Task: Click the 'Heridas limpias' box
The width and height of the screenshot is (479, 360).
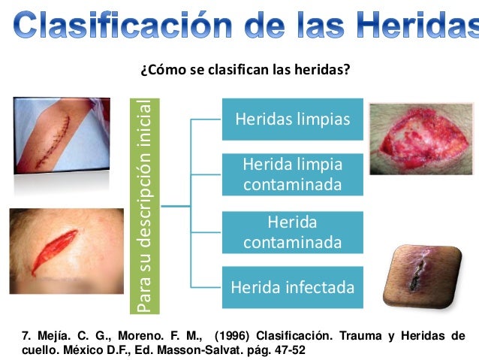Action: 292,119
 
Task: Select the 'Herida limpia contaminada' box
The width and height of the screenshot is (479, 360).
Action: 292,174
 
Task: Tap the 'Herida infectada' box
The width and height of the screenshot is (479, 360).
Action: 292,287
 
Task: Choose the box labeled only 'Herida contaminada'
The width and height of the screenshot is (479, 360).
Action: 292,232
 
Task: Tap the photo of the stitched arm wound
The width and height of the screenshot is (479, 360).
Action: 62,135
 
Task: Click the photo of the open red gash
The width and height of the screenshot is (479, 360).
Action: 66,250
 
